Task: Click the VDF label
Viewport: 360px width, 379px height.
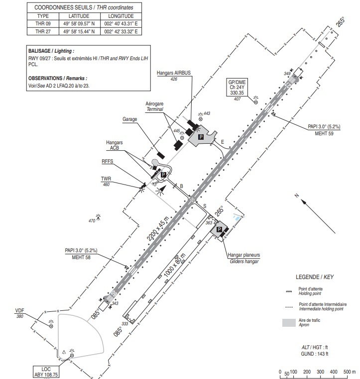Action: tap(20, 311)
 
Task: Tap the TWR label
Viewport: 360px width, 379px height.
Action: tap(106, 180)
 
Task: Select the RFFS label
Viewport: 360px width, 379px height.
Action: tap(108, 162)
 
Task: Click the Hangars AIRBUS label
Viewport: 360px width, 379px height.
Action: tap(174, 73)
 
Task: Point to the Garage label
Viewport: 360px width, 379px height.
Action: tap(129, 119)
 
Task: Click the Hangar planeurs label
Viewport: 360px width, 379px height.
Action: tap(244, 255)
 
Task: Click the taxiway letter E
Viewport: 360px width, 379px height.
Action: tap(223, 142)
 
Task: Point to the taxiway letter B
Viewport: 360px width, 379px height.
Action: tap(182, 186)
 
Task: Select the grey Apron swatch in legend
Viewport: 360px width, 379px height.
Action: tap(289, 322)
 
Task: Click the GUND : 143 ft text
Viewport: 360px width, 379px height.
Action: tap(314, 354)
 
